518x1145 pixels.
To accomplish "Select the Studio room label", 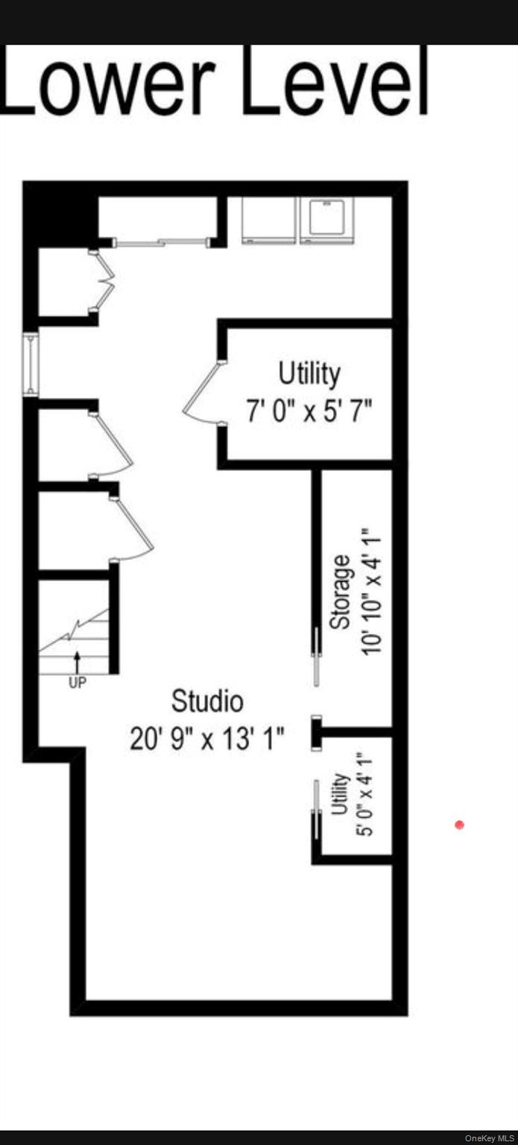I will (207, 701).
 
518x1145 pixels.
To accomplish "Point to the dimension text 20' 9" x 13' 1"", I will (207, 739).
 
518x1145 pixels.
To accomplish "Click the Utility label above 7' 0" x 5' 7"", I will (309, 373).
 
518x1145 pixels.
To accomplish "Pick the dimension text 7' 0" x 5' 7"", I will (309, 411).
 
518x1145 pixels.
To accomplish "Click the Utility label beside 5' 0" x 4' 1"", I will (341, 794).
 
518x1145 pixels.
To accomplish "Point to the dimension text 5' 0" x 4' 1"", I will (364, 794).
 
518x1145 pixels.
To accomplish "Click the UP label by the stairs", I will (78, 682).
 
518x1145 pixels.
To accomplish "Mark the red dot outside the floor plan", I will (459, 824).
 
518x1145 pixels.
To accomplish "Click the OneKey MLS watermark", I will (489, 1138).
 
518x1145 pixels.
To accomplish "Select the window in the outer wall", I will (31, 365).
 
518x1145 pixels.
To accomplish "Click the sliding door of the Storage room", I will (318, 656).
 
